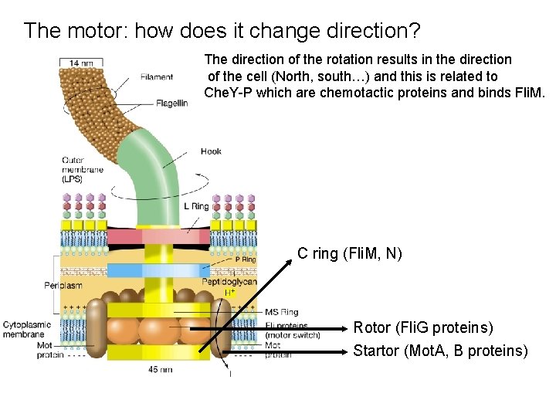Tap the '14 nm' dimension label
84,63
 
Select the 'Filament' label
157,76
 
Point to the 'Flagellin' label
171,103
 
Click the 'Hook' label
211,151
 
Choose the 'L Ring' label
196,206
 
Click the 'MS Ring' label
281,312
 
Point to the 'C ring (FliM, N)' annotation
350,253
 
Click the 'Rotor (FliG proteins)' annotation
423,328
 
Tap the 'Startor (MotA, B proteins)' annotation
440,351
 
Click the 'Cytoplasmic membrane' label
28,330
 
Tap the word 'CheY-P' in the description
230,93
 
